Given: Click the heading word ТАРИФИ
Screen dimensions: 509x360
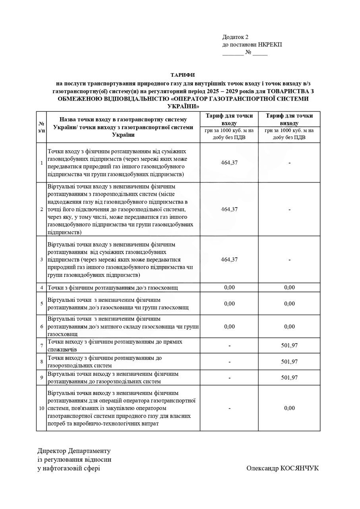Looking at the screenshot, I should [182, 75].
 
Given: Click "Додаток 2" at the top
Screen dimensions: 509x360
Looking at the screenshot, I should [235, 37].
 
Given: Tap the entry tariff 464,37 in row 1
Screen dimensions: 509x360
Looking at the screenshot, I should [229, 163].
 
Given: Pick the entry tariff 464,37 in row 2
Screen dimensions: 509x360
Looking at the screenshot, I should [229, 209].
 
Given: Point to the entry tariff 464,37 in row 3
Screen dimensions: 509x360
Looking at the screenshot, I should [229, 259].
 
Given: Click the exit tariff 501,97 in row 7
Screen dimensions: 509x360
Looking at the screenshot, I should [289, 346].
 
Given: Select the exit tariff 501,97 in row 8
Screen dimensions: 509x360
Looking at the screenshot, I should [289, 361].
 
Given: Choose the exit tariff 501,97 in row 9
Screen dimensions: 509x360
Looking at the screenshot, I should [289, 377].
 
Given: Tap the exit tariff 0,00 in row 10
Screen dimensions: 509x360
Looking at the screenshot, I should [289, 408].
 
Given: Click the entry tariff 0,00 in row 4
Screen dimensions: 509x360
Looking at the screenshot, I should [229, 288].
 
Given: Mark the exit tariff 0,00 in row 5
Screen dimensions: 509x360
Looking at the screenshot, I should [289, 303].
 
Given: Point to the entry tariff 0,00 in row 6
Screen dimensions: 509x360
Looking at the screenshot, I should [229, 326].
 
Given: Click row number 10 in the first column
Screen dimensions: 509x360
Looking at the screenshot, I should [41, 408].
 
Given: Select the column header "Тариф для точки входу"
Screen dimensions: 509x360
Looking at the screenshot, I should [229, 119].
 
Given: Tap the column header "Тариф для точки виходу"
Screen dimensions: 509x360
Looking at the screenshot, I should [289, 119].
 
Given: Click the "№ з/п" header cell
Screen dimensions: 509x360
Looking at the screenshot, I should [41, 127].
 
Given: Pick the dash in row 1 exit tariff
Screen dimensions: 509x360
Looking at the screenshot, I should [289, 163].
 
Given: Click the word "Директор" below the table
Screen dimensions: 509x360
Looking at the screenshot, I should [52, 451].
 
